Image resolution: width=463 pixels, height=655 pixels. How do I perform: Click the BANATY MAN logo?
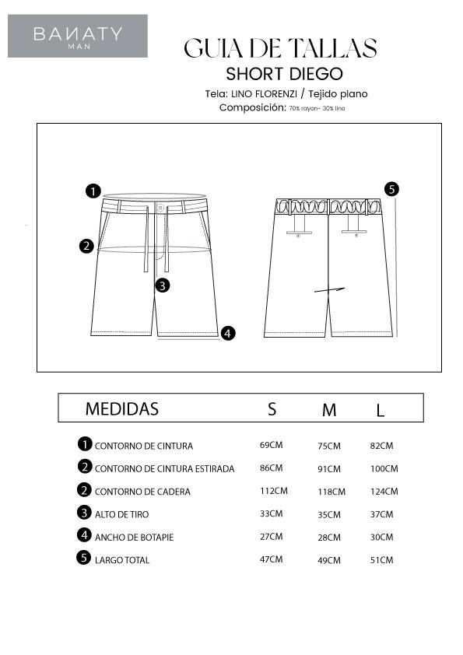coord(78,36)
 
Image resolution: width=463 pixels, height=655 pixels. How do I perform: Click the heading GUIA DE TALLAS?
coord(280,48)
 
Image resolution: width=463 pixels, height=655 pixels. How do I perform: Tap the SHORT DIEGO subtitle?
coord(284,74)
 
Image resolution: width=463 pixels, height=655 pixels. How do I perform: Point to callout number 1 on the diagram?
coord(93,191)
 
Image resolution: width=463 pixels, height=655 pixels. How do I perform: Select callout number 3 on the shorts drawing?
coord(162,285)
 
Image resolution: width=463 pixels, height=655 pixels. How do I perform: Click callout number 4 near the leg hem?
coord(227,333)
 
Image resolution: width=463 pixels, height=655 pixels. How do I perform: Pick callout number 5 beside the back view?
coord(391,189)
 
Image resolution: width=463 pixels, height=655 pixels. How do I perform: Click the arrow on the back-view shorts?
coord(329,290)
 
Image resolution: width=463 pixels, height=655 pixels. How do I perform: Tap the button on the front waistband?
coord(160,208)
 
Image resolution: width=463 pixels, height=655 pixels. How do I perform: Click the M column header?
coord(329,410)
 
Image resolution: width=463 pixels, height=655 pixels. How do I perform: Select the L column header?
coord(381,411)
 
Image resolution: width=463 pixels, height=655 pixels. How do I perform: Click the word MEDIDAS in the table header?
coord(121,408)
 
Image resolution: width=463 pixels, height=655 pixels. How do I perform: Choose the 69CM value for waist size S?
coord(271,445)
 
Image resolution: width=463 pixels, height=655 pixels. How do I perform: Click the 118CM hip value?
coord(331,492)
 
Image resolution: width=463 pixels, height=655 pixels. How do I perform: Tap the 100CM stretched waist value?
coord(384,469)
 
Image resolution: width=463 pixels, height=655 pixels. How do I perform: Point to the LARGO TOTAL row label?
coord(121,560)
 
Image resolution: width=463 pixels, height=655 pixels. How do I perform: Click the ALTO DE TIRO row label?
coord(121,514)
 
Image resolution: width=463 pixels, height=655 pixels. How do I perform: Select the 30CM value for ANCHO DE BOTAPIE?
coord(381,537)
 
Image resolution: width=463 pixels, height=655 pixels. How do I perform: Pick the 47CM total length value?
coord(271,559)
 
